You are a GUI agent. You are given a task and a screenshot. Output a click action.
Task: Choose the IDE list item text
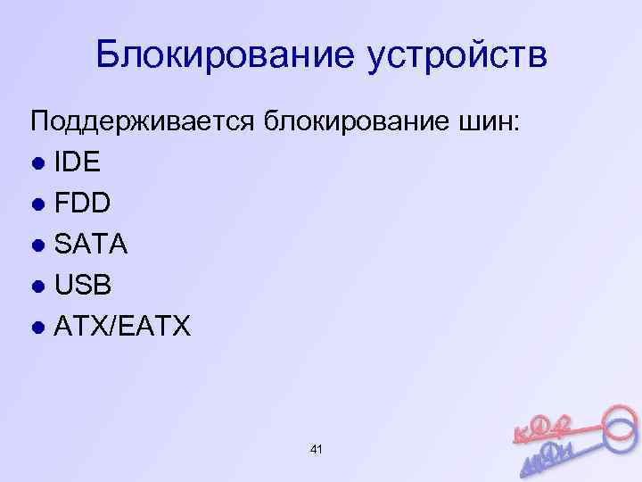click(x=78, y=162)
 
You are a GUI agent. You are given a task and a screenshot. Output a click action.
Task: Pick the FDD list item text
click(x=83, y=204)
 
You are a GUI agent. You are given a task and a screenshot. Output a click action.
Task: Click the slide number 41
click(x=316, y=446)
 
